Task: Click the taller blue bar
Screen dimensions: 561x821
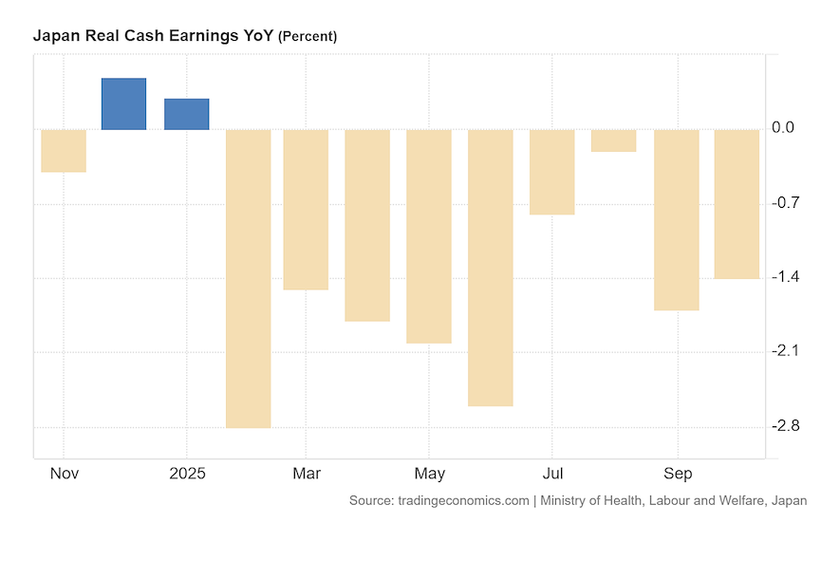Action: (123, 103)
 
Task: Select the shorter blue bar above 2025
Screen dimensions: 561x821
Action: (186, 114)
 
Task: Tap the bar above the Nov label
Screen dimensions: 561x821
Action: (64, 150)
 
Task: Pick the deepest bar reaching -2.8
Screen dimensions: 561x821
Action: (248, 278)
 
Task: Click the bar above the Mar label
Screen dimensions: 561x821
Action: (306, 209)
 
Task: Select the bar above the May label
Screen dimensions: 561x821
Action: (428, 235)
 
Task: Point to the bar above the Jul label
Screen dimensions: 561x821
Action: (551, 172)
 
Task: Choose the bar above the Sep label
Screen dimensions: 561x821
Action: (676, 219)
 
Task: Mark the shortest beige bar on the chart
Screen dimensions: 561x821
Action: (613, 140)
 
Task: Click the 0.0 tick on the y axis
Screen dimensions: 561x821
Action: (783, 128)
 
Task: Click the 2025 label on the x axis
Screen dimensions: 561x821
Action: (186, 473)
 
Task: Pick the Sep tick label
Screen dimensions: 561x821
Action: (678, 473)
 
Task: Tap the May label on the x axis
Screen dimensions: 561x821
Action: (430, 473)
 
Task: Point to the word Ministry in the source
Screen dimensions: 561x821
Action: (568, 500)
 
